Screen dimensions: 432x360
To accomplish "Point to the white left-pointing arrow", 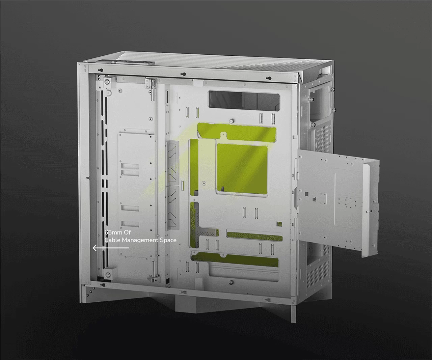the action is (x=111, y=248).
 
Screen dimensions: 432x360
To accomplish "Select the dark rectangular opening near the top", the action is (x=244, y=100).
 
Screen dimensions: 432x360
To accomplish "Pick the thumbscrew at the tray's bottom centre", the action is (x=231, y=282).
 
